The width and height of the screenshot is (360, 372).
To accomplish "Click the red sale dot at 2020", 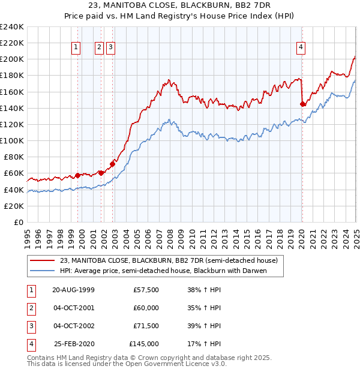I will coord(302,104).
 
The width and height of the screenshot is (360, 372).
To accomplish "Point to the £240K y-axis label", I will coord(12,27).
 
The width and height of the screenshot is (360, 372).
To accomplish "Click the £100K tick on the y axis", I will coord(12,140).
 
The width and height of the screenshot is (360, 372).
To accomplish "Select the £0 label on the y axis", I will coord(18,222).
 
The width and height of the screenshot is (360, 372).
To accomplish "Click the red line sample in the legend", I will coord(42,261).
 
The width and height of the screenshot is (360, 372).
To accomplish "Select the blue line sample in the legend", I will coord(42,271).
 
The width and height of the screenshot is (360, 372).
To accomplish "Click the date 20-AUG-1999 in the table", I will coord(73,290).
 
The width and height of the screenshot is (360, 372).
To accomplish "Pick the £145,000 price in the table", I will coord(144,344).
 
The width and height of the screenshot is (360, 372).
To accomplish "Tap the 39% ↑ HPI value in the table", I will coord(205,326).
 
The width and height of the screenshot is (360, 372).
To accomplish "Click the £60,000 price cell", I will coord(146,308).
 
